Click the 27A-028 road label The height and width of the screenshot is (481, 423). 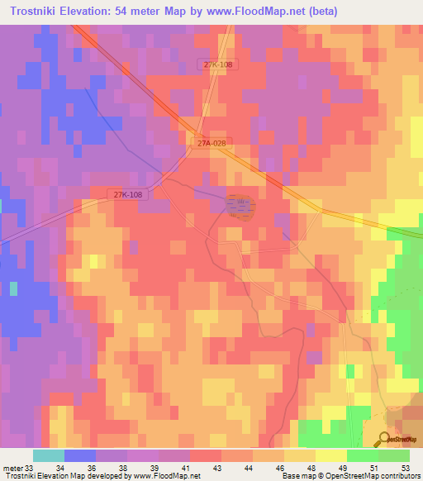pos(211,143)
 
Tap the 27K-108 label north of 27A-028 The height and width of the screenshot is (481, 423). pos(218,64)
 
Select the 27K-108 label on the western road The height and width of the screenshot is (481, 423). pos(127,194)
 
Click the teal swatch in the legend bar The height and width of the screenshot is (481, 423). pos(49,455)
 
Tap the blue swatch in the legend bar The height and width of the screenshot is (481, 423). pos(80,455)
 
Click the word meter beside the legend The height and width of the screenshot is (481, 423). pos(12,467)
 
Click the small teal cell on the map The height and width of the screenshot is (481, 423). pos(13,288)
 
